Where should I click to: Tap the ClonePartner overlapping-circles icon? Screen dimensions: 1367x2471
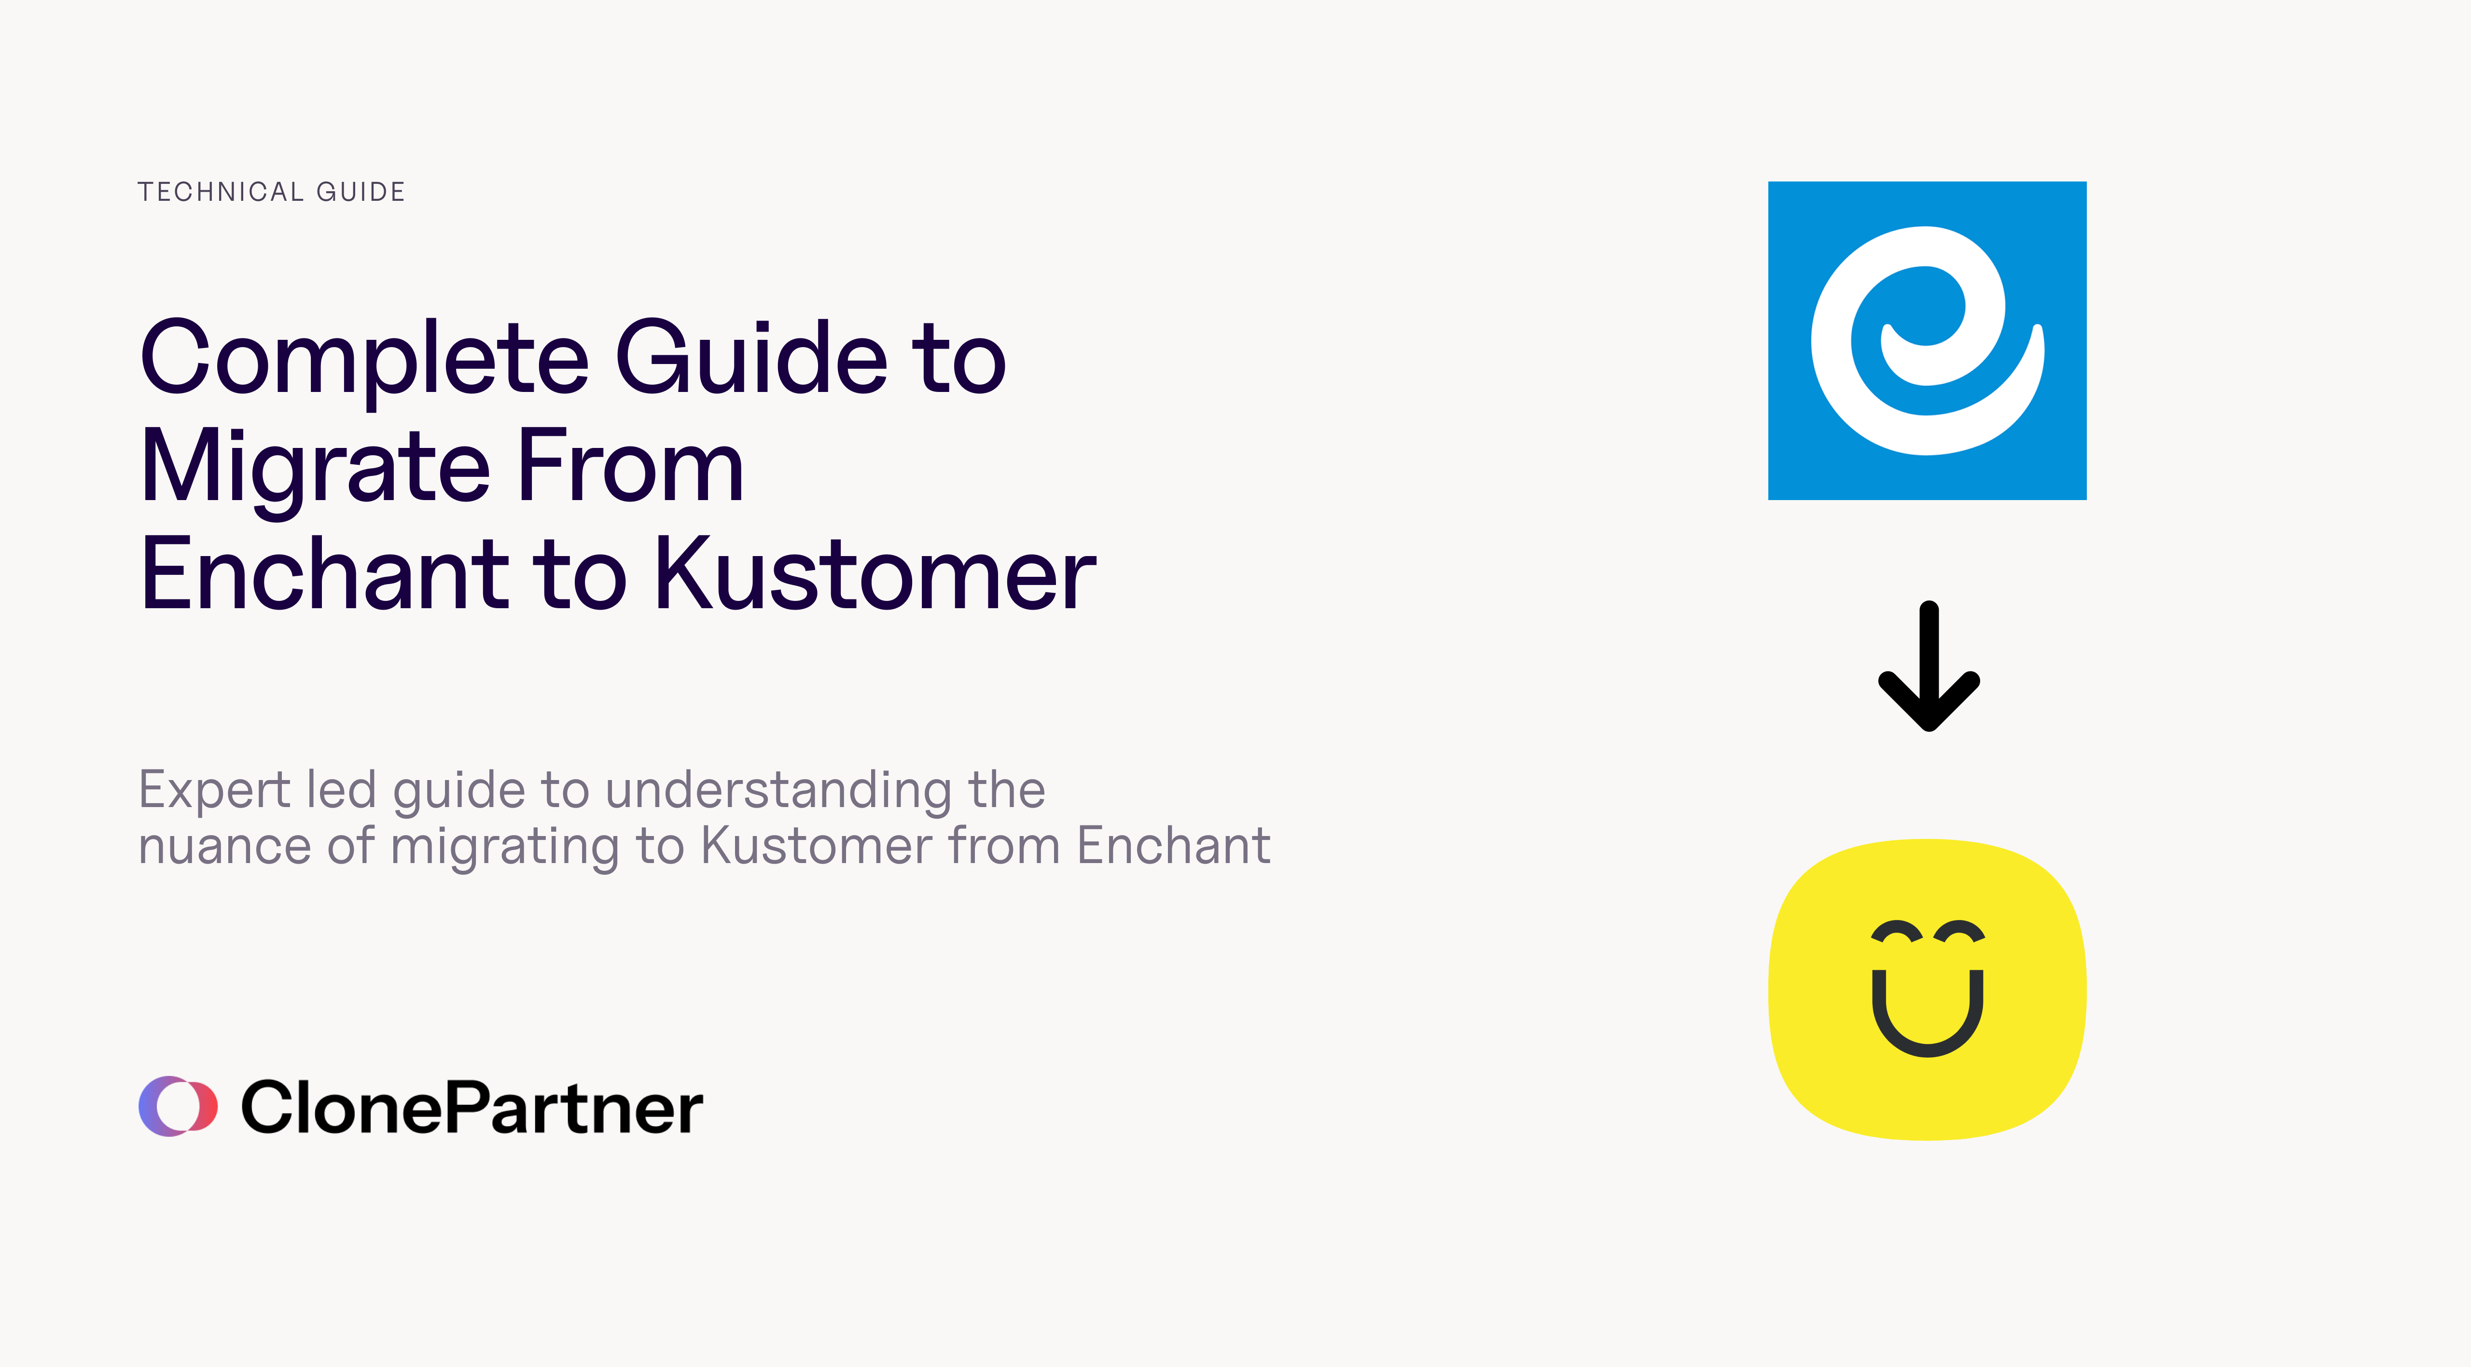tap(178, 1106)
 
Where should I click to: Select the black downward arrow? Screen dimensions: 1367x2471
tap(1928, 667)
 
